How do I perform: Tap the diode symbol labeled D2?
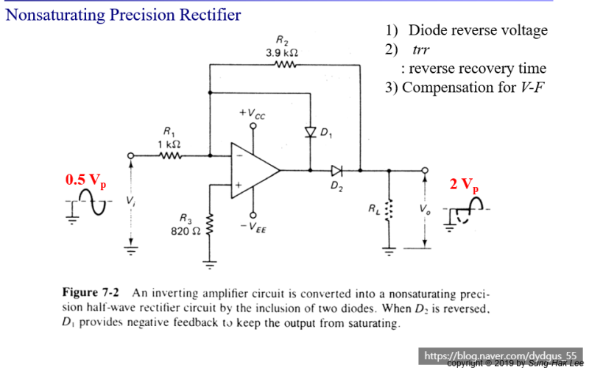point(336,171)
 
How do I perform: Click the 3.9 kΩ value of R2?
point(282,53)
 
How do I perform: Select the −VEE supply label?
point(254,228)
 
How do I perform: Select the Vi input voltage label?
point(130,200)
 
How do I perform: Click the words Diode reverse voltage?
point(478,31)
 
